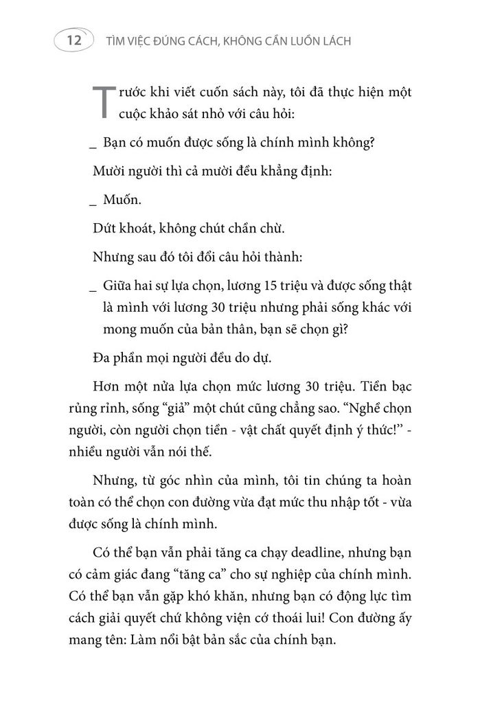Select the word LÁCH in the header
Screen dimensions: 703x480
click(x=332, y=41)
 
